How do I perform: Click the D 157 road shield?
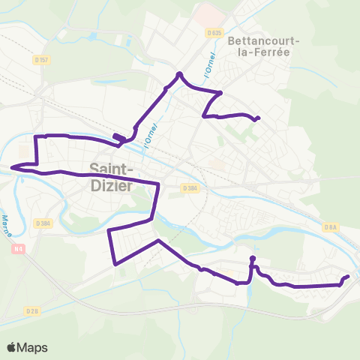coord(40,58)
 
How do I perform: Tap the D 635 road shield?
coord(214,33)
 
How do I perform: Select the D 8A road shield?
coord(331,226)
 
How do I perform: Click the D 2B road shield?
coord(31,310)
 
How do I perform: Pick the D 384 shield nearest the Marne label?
coord(43,223)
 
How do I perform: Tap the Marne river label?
coord(7,225)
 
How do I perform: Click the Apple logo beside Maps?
coord(12,347)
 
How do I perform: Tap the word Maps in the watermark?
coord(33,347)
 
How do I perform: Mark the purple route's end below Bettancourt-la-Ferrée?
coord(258,118)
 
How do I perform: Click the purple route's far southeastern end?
coord(348,277)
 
